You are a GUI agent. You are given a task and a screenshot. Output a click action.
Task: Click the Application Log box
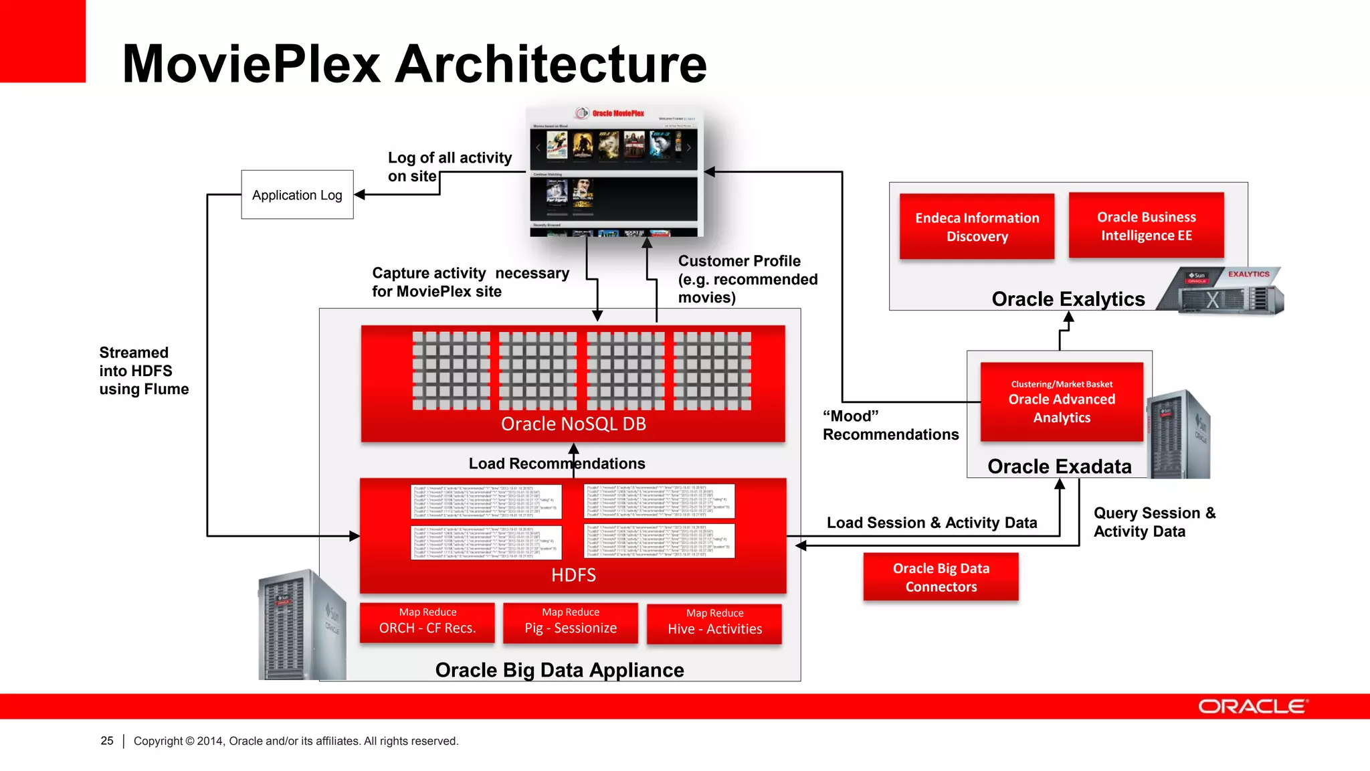point(297,195)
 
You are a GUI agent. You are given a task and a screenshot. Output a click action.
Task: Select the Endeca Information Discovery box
point(977,226)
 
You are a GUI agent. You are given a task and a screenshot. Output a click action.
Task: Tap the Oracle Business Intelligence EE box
point(1146,226)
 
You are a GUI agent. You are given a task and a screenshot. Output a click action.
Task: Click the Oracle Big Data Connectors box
point(941,577)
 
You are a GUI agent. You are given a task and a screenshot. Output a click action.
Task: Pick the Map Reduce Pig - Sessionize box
point(571,622)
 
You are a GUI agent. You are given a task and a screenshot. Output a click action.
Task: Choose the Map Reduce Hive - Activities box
point(714,624)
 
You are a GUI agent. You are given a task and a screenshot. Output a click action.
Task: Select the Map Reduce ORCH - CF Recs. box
point(427,622)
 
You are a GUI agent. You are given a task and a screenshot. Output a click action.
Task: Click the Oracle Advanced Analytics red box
point(1062,402)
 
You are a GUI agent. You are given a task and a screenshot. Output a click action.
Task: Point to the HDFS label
point(573,575)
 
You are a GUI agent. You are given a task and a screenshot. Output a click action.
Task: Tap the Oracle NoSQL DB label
point(573,424)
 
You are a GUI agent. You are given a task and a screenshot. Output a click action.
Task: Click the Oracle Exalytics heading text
point(1068,298)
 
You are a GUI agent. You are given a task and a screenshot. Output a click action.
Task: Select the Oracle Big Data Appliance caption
point(559,670)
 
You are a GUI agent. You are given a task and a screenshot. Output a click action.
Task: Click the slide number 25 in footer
point(107,741)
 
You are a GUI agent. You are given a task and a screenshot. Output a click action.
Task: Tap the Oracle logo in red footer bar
point(1252,707)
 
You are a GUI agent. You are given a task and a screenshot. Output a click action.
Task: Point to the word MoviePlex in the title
point(252,64)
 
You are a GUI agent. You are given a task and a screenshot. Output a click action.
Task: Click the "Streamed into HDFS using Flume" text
point(143,371)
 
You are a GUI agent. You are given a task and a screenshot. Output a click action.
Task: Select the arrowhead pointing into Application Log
point(360,195)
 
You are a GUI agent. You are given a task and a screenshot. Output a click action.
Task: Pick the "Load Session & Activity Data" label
point(931,523)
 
